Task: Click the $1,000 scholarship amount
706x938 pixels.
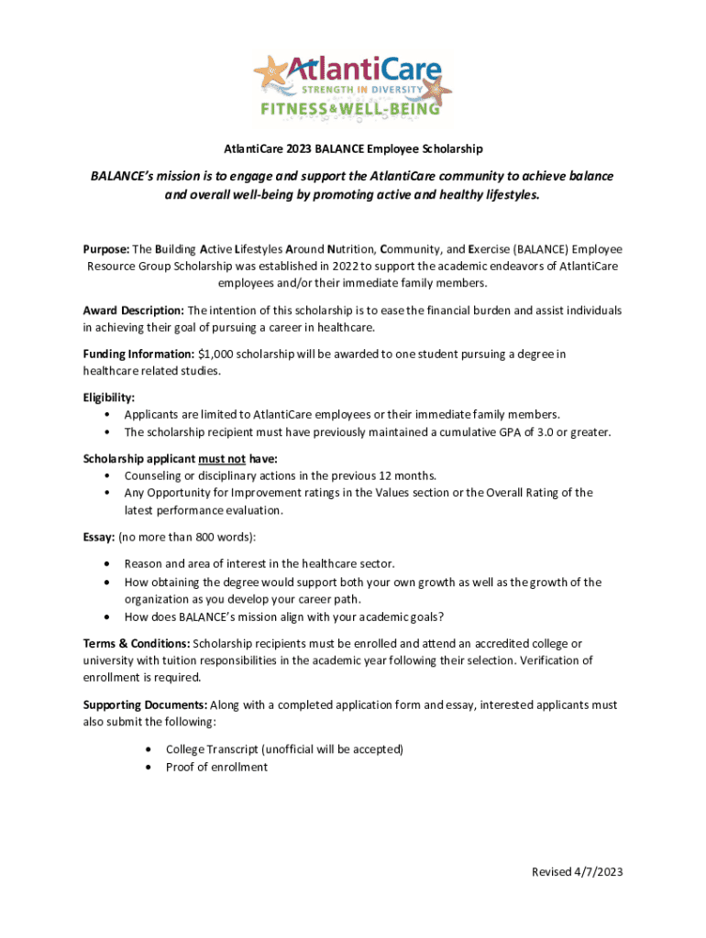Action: pos(215,354)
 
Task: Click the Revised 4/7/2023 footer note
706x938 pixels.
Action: pos(577,872)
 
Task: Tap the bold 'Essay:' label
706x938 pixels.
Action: pos(99,537)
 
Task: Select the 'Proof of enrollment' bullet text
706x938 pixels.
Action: pos(216,768)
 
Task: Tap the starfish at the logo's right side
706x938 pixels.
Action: pos(436,91)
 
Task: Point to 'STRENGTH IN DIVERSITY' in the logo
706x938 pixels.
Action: pos(364,90)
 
